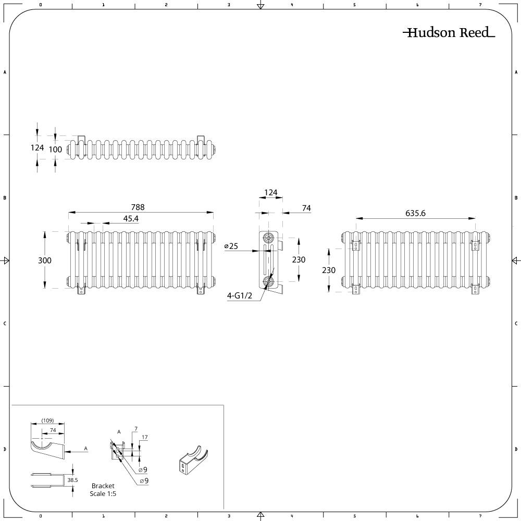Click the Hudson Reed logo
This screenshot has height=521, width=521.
pyautogui.click(x=449, y=32)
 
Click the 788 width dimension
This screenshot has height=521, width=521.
pyautogui.click(x=138, y=207)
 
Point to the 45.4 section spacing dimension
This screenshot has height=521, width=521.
pyautogui.click(x=131, y=219)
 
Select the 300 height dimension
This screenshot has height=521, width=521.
pyautogui.click(x=44, y=260)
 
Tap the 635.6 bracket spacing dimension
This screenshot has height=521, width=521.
pyautogui.click(x=415, y=213)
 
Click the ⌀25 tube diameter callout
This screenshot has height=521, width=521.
pyautogui.click(x=231, y=246)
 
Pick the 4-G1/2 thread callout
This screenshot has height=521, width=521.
pyautogui.click(x=240, y=295)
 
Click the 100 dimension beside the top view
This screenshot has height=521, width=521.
pyautogui.click(x=55, y=150)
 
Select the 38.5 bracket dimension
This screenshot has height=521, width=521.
pyautogui.click(x=72, y=480)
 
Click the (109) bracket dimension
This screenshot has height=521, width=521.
pyautogui.click(x=47, y=420)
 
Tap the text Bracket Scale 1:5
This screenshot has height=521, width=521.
pyautogui.click(x=103, y=490)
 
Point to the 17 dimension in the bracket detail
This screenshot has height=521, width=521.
pyautogui.click(x=144, y=437)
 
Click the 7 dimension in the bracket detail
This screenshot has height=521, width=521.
pyautogui.click(x=136, y=429)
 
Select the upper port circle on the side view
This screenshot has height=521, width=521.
pyautogui.click(x=268, y=238)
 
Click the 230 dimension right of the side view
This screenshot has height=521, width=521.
pyautogui.click(x=299, y=259)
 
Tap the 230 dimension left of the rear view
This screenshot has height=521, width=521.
pyautogui.click(x=328, y=270)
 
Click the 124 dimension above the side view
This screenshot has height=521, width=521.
pyautogui.click(x=270, y=193)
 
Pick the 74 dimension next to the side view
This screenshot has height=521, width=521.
pyautogui.click(x=306, y=208)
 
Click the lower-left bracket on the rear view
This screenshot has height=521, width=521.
pyautogui.click(x=355, y=289)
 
